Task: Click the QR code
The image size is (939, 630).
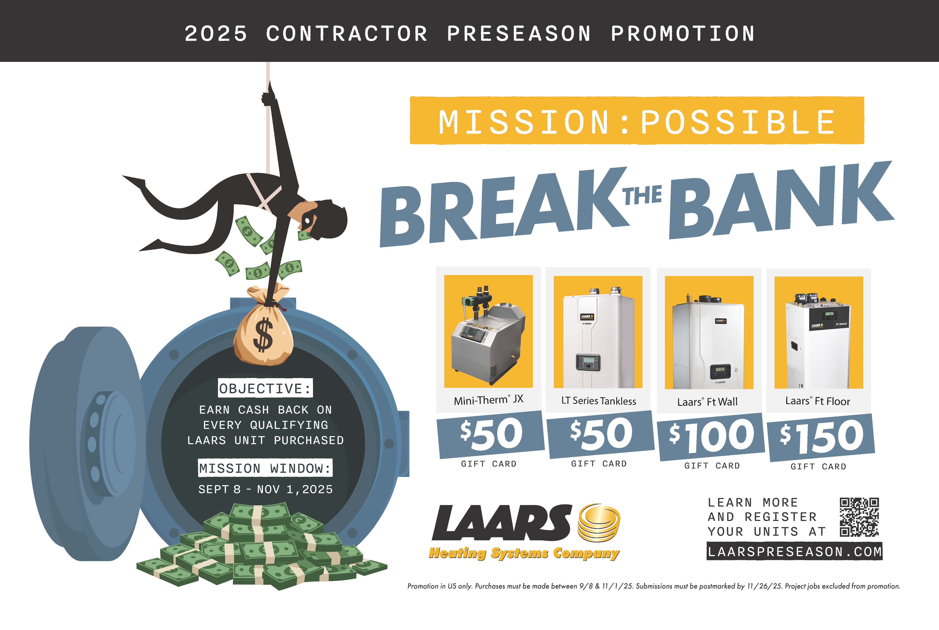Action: click(x=859, y=517)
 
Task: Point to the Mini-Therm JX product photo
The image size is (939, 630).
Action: click(x=488, y=331)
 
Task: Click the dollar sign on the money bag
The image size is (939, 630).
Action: click(x=263, y=334)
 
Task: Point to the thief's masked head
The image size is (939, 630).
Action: click(x=324, y=219)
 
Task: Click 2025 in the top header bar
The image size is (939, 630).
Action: click(x=216, y=33)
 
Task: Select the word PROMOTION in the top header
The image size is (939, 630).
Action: click(x=683, y=33)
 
